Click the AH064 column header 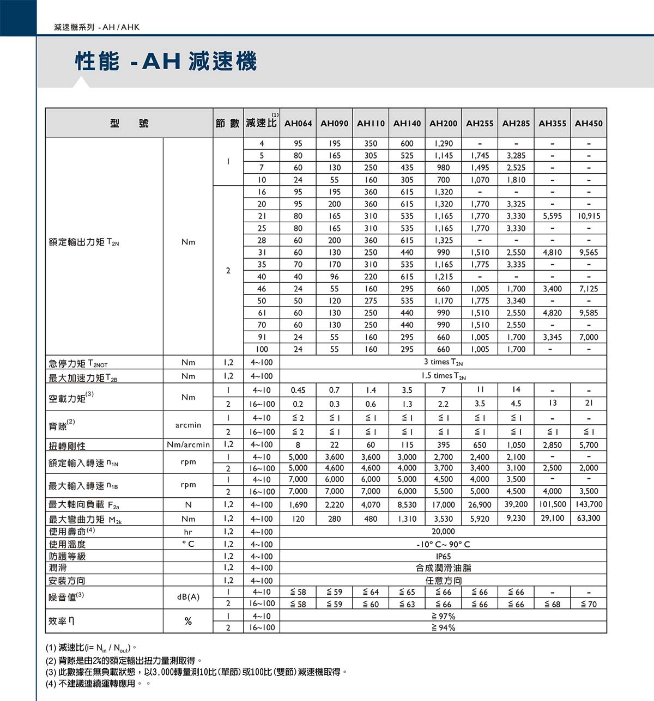[298, 124]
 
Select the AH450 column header [589, 124]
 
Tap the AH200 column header [443, 124]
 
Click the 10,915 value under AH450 [589, 216]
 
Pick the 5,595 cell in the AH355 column [552, 216]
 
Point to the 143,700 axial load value [589, 504]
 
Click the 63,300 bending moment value [589, 518]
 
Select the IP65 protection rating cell [443, 556]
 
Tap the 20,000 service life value [443, 532]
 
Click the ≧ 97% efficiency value [443, 616]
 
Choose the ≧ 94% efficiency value [443, 627]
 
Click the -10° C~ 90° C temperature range [443, 544]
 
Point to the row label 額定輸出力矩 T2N [84, 242]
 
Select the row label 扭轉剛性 [67, 446]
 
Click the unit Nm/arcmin [188, 445]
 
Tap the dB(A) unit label [188, 597]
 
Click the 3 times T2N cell [443, 362]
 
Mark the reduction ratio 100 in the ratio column [262, 349]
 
